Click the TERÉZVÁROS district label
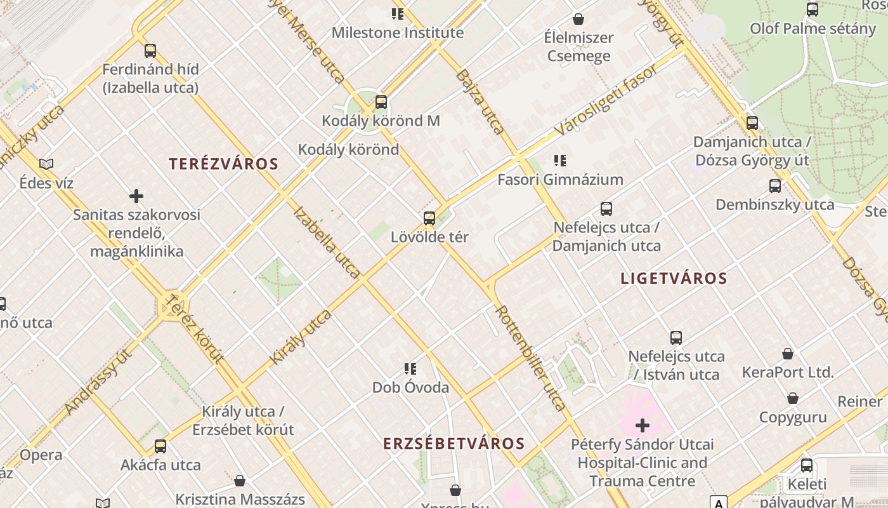click(x=223, y=164)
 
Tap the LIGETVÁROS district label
click(x=674, y=278)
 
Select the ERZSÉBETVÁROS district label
click(x=454, y=443)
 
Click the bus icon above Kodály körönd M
click(x=381, y=102)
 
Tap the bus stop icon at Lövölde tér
click(x=429, y=218)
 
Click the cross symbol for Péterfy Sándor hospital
click(x=643, y=425)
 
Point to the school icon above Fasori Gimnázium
click(x=559, y=161)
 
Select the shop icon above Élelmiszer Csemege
click(x=578, y=19)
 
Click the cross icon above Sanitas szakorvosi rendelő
click(x=136, y=196)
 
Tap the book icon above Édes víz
click(x=46, y=164)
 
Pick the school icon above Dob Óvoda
click(x=410, y=369)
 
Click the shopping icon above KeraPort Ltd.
click(x=787, y=354)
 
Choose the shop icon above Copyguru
click(x=792, y=399)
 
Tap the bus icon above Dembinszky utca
click(x=774, y=186)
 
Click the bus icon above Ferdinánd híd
click(x=150, y=51)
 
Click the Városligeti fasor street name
click(x=606, y=100)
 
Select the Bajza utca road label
click(x=481, y=102)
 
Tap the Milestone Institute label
click(x=398, y=33)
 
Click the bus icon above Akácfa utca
click(x=160, y=446)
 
